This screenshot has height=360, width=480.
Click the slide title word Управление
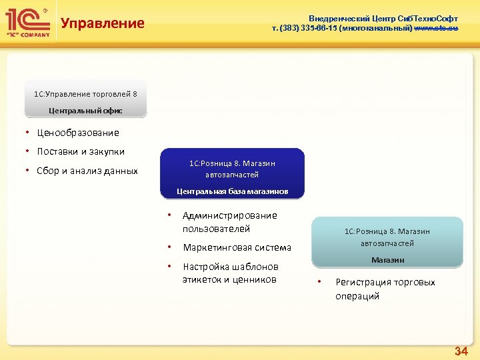tap(102, 23)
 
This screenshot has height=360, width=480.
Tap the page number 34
tap(461, 351)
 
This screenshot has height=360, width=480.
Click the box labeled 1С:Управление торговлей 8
tap(85, 93)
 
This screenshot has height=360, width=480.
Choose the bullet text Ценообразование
tap(78, 133)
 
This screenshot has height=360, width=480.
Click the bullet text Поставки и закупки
tap(81, 151)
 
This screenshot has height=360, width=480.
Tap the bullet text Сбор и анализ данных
tap(87, 171)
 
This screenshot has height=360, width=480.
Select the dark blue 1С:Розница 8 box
tap(231, 169)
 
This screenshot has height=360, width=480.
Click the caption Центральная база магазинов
tap(232, 191)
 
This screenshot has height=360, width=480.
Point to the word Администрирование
tap(229, 215)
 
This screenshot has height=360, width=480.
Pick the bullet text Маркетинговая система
tap(237, 247)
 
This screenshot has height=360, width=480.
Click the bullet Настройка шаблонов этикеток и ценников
tap(230, 273)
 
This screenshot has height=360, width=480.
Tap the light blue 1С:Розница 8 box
tap(387, 237)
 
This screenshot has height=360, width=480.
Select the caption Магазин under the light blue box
tap(387, 259)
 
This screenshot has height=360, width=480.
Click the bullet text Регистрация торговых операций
tap(385, 289)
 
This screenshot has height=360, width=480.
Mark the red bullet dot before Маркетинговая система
tap(170, 247)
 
